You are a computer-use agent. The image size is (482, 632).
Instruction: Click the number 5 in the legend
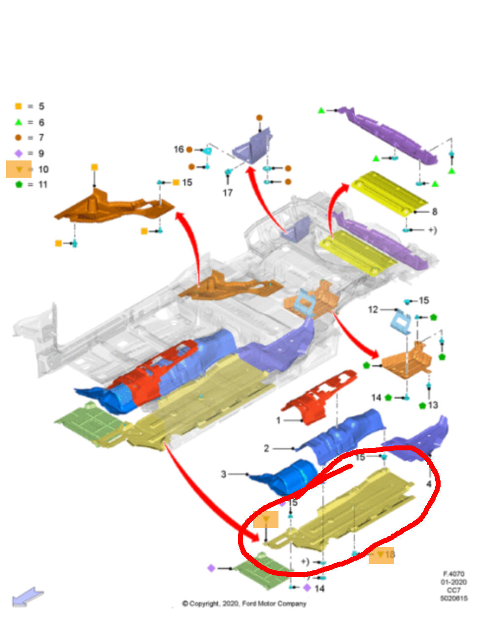[41, 106]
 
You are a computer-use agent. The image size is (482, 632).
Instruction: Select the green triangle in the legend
[19, 122]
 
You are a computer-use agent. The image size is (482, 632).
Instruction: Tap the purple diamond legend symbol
[19, 154]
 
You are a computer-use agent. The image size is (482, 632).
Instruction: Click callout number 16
[178, 149]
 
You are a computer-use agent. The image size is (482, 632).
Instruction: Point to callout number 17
[227, 192]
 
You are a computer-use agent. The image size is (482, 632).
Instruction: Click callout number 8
[434, 212]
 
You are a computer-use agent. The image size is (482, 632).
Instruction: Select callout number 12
[373, 310]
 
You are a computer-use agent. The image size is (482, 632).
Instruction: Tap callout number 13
[433, 405]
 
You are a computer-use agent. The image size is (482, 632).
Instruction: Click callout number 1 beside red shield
[278, 420]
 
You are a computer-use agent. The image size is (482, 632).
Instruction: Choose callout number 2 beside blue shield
[266, 448]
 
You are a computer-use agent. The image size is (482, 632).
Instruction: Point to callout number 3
[223, 474]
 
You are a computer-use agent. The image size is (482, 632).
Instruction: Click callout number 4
[429, 484]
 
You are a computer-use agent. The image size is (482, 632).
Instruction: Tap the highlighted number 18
[389, 555]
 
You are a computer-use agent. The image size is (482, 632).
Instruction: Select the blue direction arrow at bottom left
[28, 597]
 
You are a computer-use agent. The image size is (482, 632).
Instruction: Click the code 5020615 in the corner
[454, 599]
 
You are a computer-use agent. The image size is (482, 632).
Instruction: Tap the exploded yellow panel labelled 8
[389, 192]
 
